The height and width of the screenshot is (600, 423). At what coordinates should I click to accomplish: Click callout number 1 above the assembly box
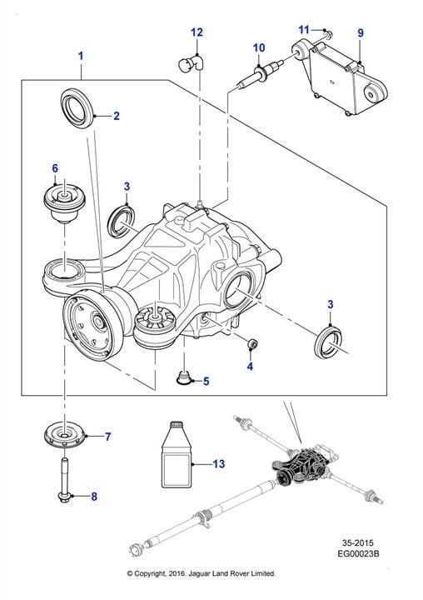(x=80, y=57)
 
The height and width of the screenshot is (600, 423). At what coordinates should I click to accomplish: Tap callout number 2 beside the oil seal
(x=117, y=116)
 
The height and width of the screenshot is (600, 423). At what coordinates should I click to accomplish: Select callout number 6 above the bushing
(x=55, y=168)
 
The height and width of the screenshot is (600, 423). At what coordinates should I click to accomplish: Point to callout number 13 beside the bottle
(x=219, y=464)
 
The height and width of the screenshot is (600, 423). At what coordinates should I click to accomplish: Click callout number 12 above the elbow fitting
(x=197, y=32)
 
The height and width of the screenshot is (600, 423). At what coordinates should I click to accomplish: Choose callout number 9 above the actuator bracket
(x=361, y=32)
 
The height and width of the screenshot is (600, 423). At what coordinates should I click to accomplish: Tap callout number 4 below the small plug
(x=250, y=366)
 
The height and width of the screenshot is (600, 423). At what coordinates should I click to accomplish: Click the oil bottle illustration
(x=176, y=455)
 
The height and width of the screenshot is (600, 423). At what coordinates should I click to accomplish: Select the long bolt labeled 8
(x=64, y=478)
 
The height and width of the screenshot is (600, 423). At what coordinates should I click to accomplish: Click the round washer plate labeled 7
(x=64, y=436)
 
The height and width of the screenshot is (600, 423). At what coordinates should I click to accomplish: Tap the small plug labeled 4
(x=252, y=344)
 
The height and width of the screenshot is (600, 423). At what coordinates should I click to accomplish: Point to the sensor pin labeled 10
(x=258, y=73)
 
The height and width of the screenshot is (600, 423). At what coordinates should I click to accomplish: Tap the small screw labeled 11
(x=327, y=33)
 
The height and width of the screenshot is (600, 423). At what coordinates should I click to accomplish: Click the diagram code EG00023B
(x=358, y=553)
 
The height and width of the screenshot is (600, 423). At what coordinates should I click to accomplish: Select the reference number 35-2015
(x=358, y=542)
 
